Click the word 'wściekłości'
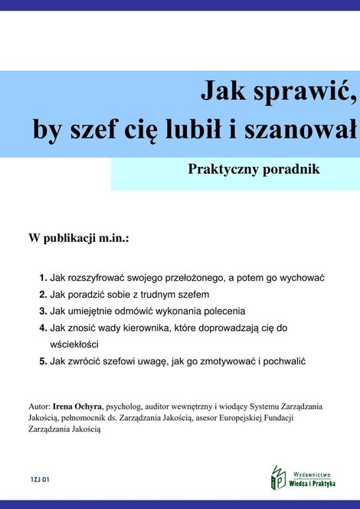75,344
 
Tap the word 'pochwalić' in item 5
284,361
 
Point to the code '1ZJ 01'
41,479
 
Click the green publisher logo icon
277,478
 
